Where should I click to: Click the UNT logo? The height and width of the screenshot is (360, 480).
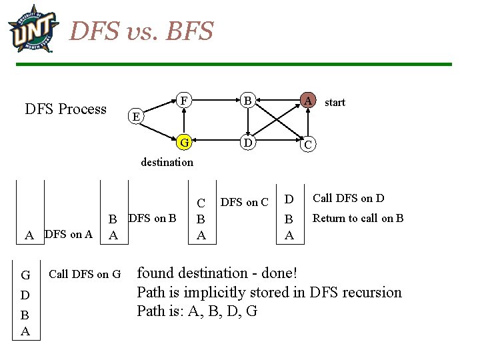[33, 28]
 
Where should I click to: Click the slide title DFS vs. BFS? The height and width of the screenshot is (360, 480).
[141, 31]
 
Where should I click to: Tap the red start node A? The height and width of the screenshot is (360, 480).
[307, 101]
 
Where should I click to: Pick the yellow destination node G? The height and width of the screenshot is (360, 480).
[184, 142]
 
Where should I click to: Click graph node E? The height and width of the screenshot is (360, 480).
[135, 116]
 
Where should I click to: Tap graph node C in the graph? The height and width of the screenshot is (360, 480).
[307, 144]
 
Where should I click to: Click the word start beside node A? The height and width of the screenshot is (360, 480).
[335, 102]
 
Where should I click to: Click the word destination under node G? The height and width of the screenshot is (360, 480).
[167, 162]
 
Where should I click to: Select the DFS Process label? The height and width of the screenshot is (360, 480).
[65, 109]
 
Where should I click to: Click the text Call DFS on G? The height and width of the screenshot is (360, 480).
[85, 273]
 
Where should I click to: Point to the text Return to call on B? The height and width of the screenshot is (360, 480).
[358, 218]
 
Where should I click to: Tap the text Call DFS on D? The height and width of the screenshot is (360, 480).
[349, 198]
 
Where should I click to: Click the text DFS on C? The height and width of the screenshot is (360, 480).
[244, 202]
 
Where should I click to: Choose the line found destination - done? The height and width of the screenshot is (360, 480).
[217, 273]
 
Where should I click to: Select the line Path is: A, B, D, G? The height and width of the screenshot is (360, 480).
[197, 311]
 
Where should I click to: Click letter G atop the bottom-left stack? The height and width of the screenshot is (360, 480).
[25, 275]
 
